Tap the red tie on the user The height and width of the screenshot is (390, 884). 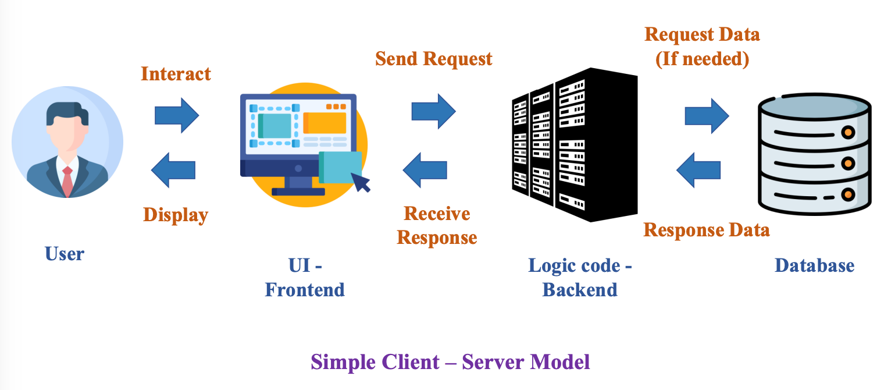(67, 181)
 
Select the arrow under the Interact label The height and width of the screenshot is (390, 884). (177, 115)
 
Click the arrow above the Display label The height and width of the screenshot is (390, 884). (173, 170)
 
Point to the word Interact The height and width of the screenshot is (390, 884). (176, 74)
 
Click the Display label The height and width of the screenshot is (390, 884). (176, 215)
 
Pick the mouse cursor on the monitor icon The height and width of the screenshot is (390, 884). (361, 182)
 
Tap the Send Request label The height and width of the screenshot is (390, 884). (433, 59)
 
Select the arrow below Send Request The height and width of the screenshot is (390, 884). (433, 111)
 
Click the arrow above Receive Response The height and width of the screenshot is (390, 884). (425, 169)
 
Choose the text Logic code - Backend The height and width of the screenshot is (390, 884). (580, 278)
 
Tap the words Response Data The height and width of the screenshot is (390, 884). (707, 230)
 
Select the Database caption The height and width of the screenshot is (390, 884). (814, 266)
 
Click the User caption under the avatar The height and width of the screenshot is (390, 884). (65, 254)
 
